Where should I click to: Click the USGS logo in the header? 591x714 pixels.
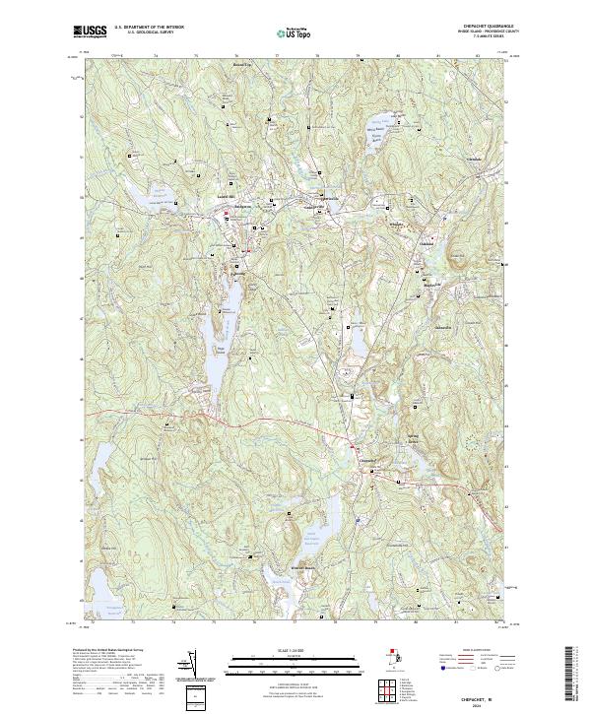[90, 32]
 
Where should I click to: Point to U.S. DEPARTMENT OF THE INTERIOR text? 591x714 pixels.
[148, 28]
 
